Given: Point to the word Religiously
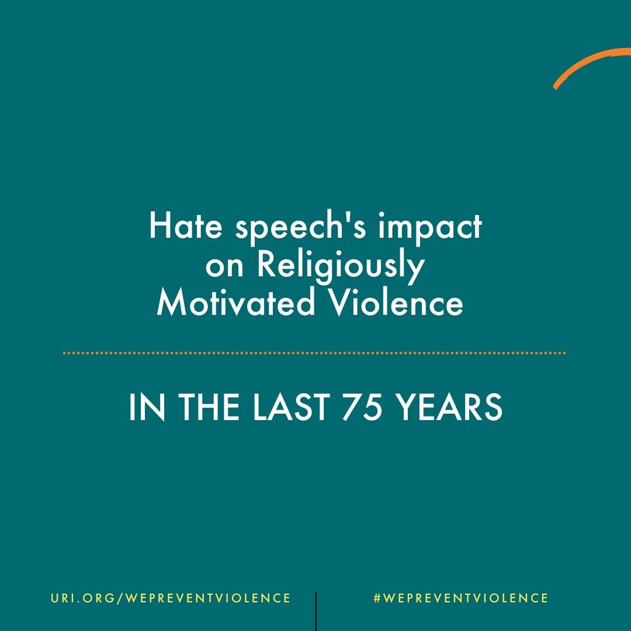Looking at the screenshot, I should [x=341, y=266].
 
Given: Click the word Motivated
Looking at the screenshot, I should [x=232, y=304].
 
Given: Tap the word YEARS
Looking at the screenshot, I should [x=457, y=407].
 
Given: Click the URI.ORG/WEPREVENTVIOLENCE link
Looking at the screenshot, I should [x=170, y=598].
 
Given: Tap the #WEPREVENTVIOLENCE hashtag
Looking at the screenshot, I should [x=460, y=598].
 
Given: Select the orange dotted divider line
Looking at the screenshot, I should [x=314, y=353].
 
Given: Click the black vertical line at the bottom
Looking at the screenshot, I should [x=316, y=611].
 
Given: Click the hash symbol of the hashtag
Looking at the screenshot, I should [x=377, y=598].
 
